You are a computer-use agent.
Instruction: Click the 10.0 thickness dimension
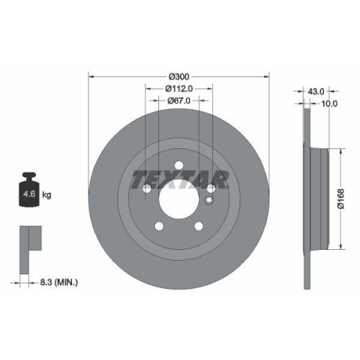329,104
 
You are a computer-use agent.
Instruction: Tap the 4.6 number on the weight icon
27,194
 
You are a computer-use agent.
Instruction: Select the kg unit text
47,194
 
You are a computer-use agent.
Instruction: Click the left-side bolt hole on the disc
146,189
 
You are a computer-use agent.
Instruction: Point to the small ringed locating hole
209,200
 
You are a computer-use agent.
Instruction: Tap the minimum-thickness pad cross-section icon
27,238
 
